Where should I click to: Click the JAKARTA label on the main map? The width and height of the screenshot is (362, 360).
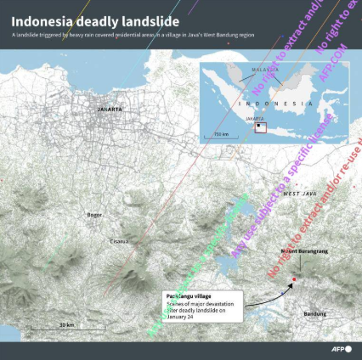[110, 110]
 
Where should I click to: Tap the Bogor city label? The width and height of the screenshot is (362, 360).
[94, 215]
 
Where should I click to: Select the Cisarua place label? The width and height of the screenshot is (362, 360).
[119, 241]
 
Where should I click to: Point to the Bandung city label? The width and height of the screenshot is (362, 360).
[314, 314]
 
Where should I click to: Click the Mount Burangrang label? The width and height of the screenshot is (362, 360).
[303, 251]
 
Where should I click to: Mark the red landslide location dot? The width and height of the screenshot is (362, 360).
[294, 279]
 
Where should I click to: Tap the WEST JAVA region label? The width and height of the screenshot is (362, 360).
[299, 194]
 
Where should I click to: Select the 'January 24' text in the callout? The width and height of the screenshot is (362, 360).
[181, 318]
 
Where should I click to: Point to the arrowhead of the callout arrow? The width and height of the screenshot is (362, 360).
[290, 284]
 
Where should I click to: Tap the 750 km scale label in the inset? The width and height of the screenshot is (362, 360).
[221, 134]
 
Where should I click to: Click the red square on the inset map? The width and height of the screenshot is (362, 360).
[261, 128]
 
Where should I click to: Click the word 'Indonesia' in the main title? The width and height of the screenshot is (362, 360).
[40, 16]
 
